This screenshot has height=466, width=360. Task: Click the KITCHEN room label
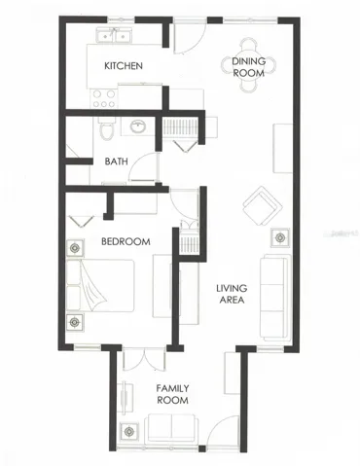pyautogui.click(x=124, y=66)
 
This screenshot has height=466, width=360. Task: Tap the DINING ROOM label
pyautogui.click(x=249, y=67)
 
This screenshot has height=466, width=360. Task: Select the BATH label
pyautogui.click(x=116, y=161)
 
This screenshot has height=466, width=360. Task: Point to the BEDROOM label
pyautogui.click(x=126, y=241)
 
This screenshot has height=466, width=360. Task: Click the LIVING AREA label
pyautogui.click(x=232, y=294)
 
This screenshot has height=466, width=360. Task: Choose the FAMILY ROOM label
pyautogui.click(x=172, y=394)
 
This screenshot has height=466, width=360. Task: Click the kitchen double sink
pyautogui.click(x=114, y=35)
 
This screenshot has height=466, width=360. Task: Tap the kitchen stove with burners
pyautogui.click(x=104, y=98)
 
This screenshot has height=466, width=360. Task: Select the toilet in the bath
pyautogui.click(x=107, y=128)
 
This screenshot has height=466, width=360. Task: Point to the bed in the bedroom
pyautogui.click(x=100, y=285)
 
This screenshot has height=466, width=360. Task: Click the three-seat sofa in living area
pyautogui.click(x=275, y=298)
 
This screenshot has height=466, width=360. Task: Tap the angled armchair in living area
pyautogui.click(x=262, y=205)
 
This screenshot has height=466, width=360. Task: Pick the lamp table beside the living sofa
pyautogui.click(x=280, y=237)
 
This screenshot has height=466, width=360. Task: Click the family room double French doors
pyautogui.click(x=145, y=360)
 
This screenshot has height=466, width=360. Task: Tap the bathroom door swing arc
pyautogui.click(x=142, y=166)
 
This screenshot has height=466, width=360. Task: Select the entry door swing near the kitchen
pyautogui.click(x=190, y=36)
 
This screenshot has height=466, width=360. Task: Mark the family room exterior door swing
pyautogui.click(x=223, y=432)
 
